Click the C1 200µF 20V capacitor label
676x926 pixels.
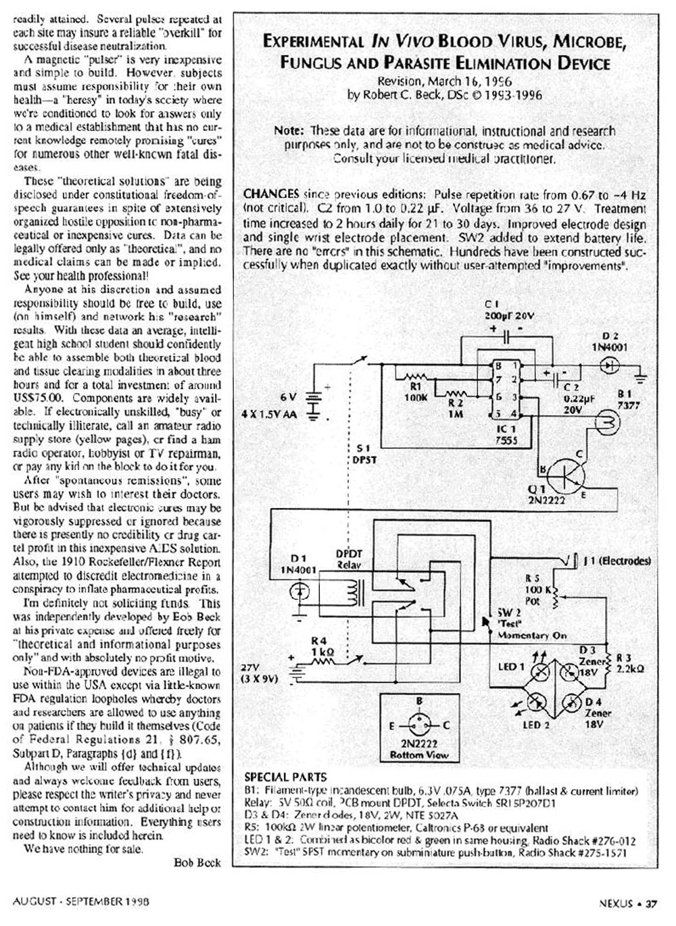coord(501,309)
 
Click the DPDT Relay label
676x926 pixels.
coord(349,559)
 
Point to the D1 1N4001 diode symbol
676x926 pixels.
coord(299,592)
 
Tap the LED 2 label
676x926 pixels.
coord(537,725)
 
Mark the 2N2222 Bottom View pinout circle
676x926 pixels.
coord(418,726)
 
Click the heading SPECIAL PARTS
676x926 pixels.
coord(285,777)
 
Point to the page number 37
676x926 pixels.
coord(651,902)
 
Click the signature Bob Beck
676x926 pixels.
coord(197,863)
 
